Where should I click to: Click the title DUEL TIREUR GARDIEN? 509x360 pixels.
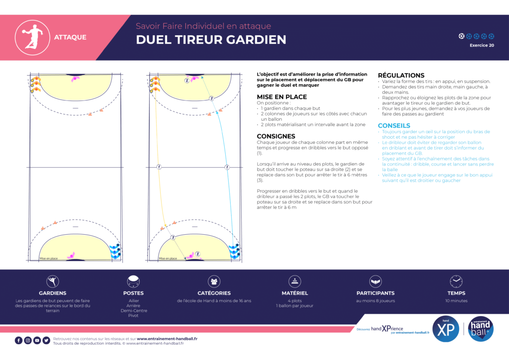(x=211, y=40)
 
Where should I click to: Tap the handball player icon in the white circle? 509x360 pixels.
(x=31, y=36)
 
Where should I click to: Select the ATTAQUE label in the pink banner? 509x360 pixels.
(x=70, y=37)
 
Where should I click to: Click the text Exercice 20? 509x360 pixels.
(x=482, y=45)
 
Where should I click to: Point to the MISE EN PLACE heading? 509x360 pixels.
(x=281, y=97)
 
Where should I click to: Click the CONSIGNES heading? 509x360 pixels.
(x=276, y=136)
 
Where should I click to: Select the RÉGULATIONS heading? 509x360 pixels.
(x=401, y=76)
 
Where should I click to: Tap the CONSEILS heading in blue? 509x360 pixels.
(x=394, y=126)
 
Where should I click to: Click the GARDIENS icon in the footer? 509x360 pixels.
(x=53, y=281)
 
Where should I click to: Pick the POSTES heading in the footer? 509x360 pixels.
(x=133, y=293)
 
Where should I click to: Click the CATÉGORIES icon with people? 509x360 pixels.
(x=214, y=281)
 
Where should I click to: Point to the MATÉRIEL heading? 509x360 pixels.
(x=295, y=293)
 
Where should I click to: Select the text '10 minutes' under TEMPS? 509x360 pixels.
(x=456, y=301)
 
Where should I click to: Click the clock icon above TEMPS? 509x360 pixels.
(x=456, y=281)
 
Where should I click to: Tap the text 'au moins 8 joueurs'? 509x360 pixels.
(x=375, y=301)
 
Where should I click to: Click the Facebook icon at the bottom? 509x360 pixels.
(x=19, y=341)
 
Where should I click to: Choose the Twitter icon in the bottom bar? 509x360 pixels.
(x=46, y=341)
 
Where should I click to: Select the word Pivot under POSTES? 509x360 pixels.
(x=133, y=316)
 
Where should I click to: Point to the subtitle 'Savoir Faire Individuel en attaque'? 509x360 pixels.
(x=204, y=26)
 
